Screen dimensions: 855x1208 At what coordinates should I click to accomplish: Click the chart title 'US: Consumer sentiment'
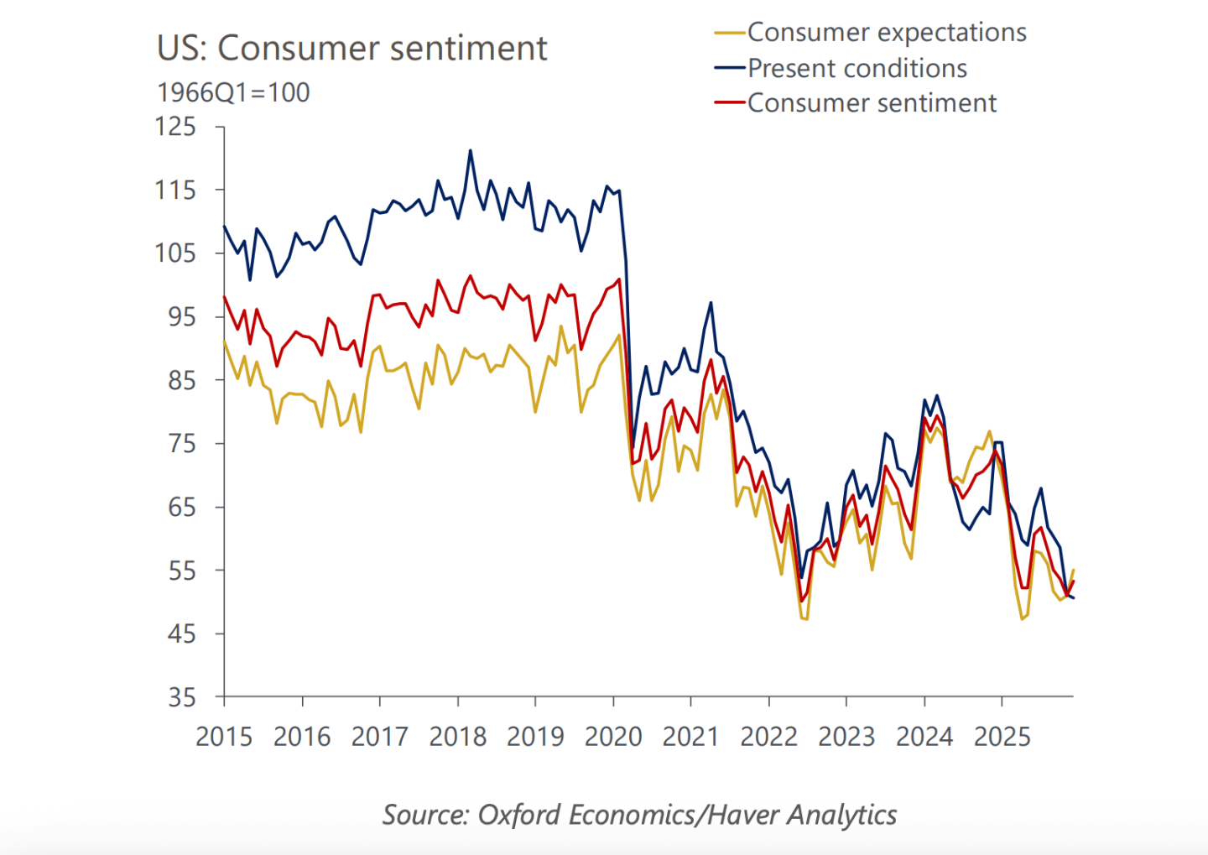pyautogui.click(x=351, y=49)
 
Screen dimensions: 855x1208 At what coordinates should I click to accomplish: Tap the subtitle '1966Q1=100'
pyautogui.click(x=233, y=92)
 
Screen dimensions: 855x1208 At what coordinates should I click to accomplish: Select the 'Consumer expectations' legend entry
pyautogui.click(x=886, y=33)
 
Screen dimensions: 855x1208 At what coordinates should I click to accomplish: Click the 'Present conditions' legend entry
pyautogui.click(x=857, y=68)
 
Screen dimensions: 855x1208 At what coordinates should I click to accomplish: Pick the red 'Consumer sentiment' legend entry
pyautogui.click(x=871, y=103)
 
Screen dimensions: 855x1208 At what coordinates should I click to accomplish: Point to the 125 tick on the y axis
pyautogui.click(x=175, y=127)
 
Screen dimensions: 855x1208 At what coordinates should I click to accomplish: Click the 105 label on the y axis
pyautogui.click(x=175, y=253)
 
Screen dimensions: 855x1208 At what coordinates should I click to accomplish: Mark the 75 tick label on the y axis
pyautogui.click(x=181, y=444)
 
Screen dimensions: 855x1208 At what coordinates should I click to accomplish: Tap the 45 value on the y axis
pyautogui.click(x=181, y=634)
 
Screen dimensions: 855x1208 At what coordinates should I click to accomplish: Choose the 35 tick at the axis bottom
pyautogui.click(x=181, y=698)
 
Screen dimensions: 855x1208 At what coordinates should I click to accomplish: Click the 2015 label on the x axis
pyautogui.click(x=224, y=737)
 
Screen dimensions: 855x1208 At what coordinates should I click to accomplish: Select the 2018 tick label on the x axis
pyautogui.click(x=457, y=737)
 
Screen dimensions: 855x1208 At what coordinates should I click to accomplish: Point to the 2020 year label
pyautogui.click(x=613, y=737)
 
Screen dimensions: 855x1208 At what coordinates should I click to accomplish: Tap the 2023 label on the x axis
pyautogui.click(x=846, y=737)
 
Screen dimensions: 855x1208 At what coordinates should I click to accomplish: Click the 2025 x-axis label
pyautogui.click(x=1002, y=737)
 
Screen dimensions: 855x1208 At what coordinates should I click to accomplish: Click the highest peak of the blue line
pyautogui.click(x=471, y=151)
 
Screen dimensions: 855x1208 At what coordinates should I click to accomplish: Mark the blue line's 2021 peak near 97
pyautogui.click(x=711, y=303)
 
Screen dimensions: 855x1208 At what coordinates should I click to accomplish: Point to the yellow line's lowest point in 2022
pyautogui.click(x=804, y=619)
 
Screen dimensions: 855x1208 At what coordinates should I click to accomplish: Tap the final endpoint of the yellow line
pyautogui.click(x=1074, y=570)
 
